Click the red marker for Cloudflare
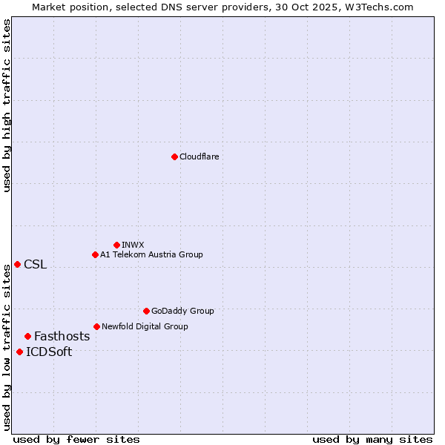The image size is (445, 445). click(174, 156)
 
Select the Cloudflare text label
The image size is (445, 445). click(199, 156)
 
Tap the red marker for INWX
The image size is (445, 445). click(116, 245)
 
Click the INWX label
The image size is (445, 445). click(133, 245)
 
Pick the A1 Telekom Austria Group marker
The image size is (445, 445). click(95, 254)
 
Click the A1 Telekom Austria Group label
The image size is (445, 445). click(151, 254)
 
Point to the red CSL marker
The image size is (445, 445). click(17, 264)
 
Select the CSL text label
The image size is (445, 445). click(35, 265)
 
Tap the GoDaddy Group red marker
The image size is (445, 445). click(146, 311)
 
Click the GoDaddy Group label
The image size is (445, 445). click(182, 311)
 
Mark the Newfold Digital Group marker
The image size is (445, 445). click(96, 326)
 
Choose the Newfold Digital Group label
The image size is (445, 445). click(145, 326)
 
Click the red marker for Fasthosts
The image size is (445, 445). click(27, 336)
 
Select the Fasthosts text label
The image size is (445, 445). click(62, 336)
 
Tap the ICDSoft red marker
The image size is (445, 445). click(19, 352)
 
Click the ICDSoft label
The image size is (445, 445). click(49, 352)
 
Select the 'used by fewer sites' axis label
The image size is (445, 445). click(76, 439)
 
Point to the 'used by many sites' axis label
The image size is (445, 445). click(372, 439)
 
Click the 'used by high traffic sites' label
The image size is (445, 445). click(7, 105)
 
